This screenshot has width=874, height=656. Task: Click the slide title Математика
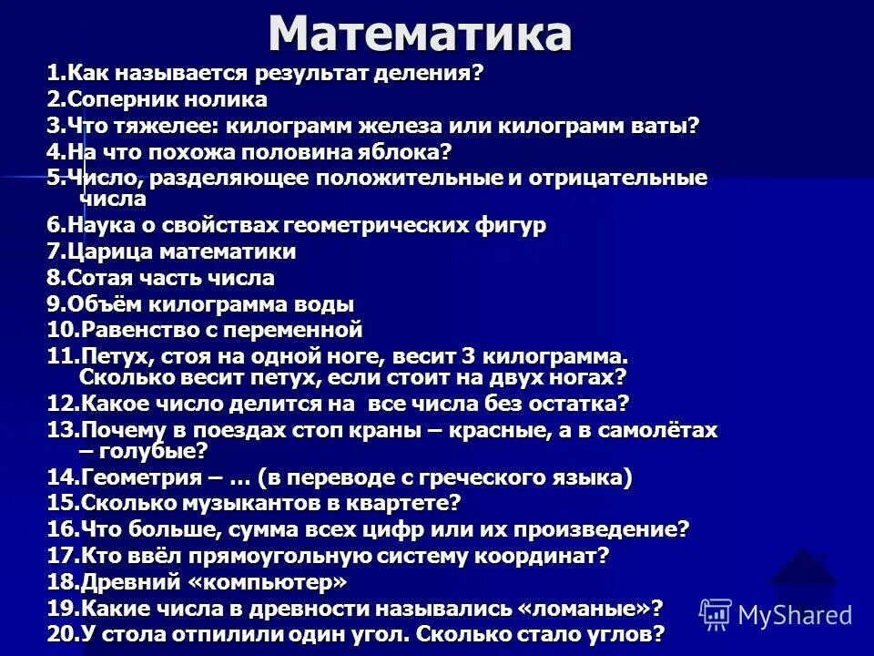(x=420, y=34)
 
